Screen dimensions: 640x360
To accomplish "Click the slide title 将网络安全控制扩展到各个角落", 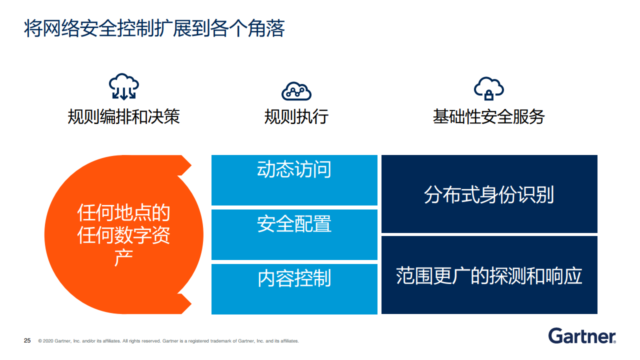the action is pos(154,28).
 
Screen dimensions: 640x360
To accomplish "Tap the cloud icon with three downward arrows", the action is pos(123,86).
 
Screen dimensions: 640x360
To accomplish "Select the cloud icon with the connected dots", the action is pos(296,91).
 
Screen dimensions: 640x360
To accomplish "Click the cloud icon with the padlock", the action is pos(489,88).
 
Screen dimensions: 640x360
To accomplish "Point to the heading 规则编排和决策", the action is pos(123,116).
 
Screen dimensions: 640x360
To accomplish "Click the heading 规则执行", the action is pos(296,116).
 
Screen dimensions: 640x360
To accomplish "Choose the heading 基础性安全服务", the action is pos(489,116).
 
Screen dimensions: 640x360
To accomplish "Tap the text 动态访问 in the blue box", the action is pos(294,169).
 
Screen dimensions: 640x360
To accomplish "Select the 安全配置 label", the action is pos(294,223).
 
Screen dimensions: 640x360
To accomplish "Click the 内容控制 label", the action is pos(294,278).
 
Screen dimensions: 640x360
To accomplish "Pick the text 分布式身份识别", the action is pos(489,194).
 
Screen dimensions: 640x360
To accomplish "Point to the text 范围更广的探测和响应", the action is pos(489,275).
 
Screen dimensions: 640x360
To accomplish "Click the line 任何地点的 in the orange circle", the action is pos(123,213).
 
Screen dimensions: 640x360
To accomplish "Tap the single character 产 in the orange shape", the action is pos(123,257).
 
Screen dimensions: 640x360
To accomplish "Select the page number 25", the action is pos(27,340).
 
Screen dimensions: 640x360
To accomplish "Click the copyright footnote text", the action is pos(168,341).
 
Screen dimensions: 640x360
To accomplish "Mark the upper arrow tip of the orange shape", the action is pos(191,165).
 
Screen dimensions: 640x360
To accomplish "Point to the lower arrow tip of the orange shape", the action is pos(191,303).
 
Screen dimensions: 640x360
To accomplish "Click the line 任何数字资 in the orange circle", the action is pos(123,235).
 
